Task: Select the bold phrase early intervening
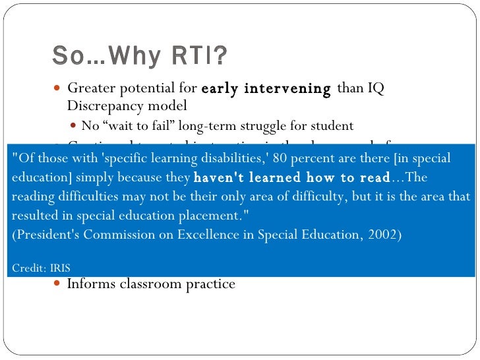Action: pyautogui.click(x=266, y=88)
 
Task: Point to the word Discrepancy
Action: pyautogui.click(x=101, y=105)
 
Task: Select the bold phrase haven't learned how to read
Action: pyautogui.click(x=292, y=178)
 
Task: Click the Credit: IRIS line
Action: pyautogui.click(x=42, y=268)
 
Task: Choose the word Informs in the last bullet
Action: pyautogui.click(x=89, y=284)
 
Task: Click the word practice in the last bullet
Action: pyautogui.click(x=211, y=284)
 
